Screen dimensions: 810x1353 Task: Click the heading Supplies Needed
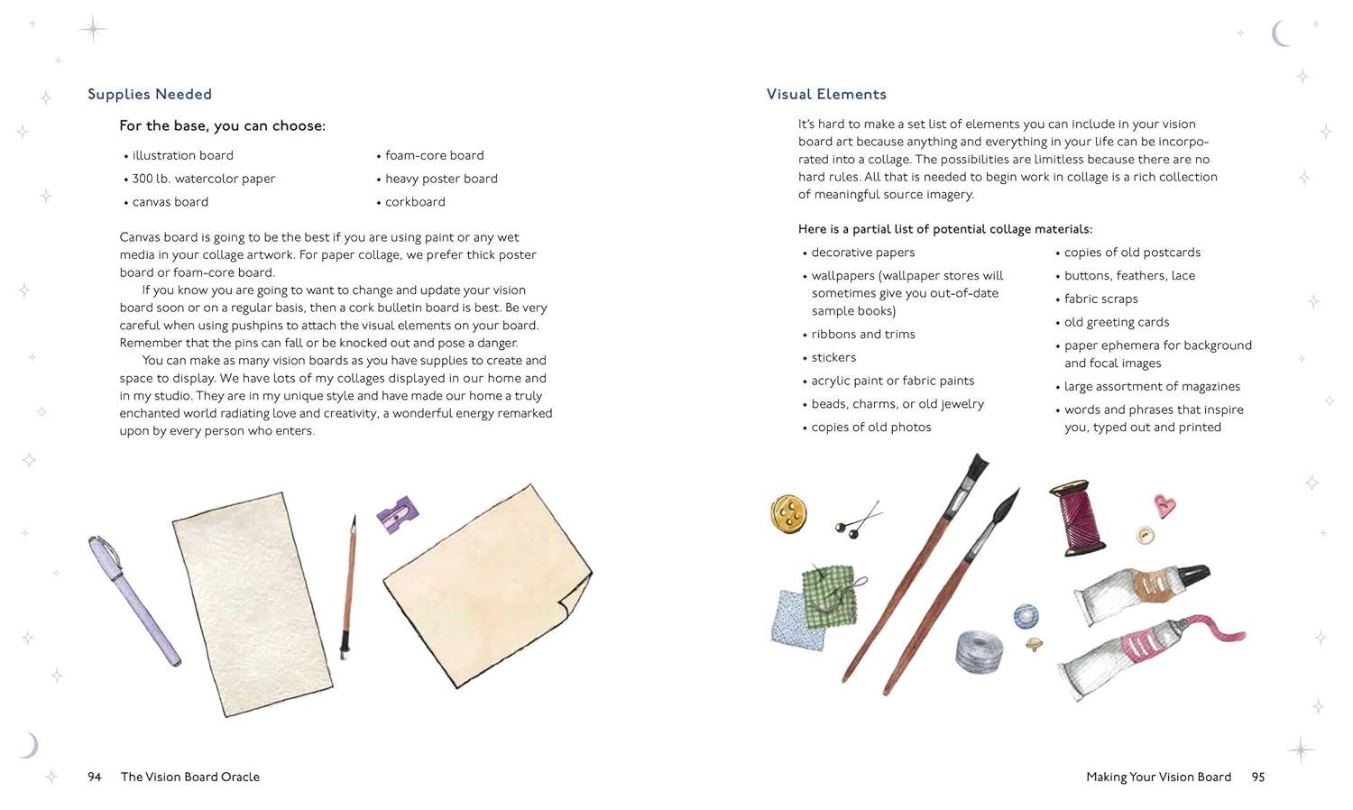150,95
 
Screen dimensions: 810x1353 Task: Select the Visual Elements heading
826,95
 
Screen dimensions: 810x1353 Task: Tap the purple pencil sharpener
397,514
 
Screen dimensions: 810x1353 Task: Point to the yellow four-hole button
788,514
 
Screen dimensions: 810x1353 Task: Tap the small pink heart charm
1164,505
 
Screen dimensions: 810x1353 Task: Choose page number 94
95,777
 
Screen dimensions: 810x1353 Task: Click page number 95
1258,777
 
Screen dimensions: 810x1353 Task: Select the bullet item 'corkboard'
415,202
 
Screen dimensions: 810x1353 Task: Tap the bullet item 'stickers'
833,358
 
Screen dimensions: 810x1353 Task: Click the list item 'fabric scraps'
1100,299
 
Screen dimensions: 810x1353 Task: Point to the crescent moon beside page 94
31,745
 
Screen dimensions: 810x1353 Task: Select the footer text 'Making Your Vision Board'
1158,777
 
